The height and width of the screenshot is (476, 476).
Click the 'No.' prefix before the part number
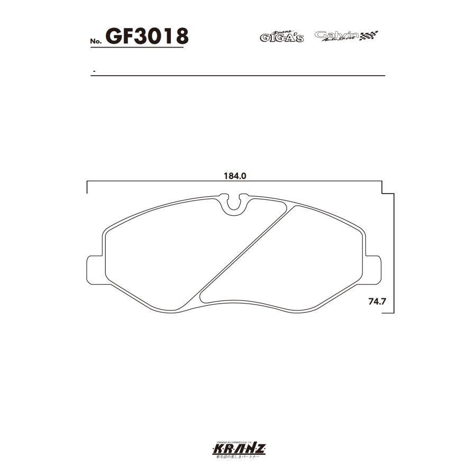pos(95,41)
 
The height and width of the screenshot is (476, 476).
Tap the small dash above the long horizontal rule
pos(94,71)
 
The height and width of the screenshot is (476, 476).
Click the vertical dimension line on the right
pos(393,254)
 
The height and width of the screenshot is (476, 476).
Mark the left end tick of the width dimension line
pos(87,187)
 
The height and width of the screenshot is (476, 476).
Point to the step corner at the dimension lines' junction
pos(383,193)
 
